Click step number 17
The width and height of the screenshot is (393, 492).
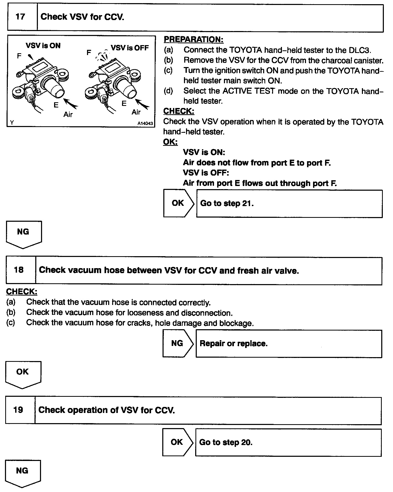[20, 17]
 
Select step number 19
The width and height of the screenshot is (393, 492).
[18, 410]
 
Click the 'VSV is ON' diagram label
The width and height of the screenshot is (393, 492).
[43, 46]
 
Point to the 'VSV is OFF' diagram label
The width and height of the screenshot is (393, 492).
[130, 48]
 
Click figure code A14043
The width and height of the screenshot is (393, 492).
[145, 123]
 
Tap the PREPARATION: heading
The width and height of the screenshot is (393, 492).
[193, 39]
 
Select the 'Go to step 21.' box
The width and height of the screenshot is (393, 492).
[289, 203]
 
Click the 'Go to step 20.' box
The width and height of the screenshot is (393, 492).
[288, 442]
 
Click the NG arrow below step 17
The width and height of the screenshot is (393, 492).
[23, 234]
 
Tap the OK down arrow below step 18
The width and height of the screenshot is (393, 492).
[23, 374]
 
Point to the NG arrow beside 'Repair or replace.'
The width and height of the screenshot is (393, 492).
[178, 343]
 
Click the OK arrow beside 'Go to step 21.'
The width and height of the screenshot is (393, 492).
[178, 203]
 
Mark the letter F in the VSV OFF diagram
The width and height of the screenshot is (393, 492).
[89, 53]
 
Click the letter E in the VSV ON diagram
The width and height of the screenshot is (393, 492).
[56, 105]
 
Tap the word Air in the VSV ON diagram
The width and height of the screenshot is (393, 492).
[68, 114]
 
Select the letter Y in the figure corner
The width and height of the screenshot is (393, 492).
[12, 122]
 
